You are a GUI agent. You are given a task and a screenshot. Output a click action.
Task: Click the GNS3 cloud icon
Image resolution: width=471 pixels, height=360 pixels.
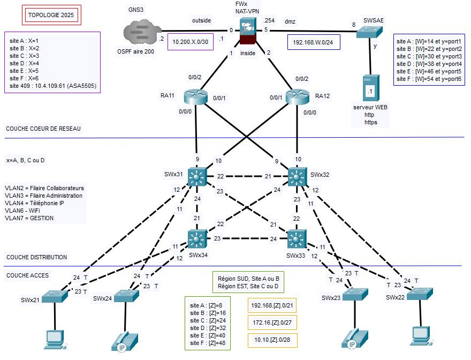pyautogui.click(x=142, y=31)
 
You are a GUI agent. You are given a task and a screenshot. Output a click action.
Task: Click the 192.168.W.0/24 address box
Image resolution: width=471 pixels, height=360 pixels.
pyautogui.click(x=314, y=42)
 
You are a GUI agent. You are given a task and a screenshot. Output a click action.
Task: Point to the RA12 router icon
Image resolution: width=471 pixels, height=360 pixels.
pyautogui.click(x=298, y=96)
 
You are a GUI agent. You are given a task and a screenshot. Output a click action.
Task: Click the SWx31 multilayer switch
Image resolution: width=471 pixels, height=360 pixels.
pyautogui.click(x=199, y=176)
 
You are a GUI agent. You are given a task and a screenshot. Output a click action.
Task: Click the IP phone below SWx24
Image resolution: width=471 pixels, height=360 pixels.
pyautogui.click(x=124, y=341)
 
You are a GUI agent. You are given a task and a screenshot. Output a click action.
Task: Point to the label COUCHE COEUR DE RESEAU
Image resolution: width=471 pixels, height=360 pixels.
pyautogui.click(x=43, y=129)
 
